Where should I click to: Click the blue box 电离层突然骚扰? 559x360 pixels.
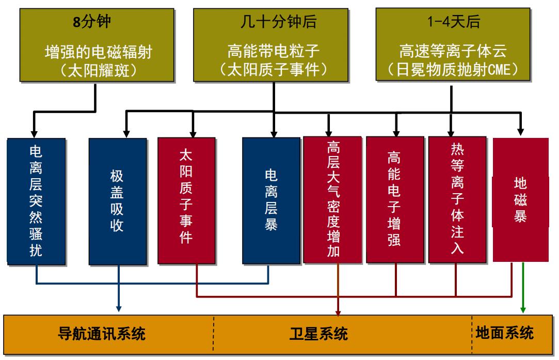[x=36, y=201]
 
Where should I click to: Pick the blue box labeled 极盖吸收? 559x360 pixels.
[x=117, y=201]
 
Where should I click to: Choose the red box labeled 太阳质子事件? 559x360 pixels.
[x=186, y=201]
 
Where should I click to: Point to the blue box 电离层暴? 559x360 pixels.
[x=271, y=201]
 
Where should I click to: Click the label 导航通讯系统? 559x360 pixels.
[x=101, y=334]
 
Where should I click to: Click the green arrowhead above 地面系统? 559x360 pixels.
[x=523, y=309]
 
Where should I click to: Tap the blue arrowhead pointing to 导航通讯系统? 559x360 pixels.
[x=119, y=309]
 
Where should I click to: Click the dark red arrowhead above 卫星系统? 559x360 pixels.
[x=338, y=310]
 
